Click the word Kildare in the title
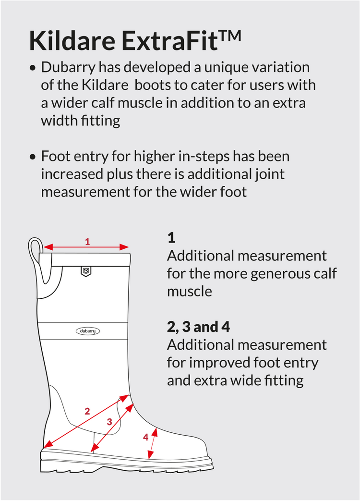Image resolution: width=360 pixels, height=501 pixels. (x=72, y=40)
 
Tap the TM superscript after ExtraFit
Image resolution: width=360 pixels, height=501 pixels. (x=229, y=35)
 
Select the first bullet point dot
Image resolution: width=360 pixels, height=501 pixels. (x=32, y=68)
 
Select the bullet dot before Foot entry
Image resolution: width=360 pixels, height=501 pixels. (x=32, y=157)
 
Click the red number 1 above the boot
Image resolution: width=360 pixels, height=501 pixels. (x=87, y=242)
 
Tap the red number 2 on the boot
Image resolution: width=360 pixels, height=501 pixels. (x=87, y=411)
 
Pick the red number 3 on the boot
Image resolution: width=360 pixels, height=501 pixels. (x=109, y=422)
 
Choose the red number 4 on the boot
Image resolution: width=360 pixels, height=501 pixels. (x=145, y=437)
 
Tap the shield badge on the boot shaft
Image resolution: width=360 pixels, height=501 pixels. (x=86, y=271)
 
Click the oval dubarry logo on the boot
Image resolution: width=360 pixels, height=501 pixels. (x=88, y=331)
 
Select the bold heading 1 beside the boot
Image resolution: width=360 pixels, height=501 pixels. (x=171, y=238)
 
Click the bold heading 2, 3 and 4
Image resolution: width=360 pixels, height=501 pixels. (x=198, y=327)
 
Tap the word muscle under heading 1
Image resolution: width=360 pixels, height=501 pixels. (x=190, y=292)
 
